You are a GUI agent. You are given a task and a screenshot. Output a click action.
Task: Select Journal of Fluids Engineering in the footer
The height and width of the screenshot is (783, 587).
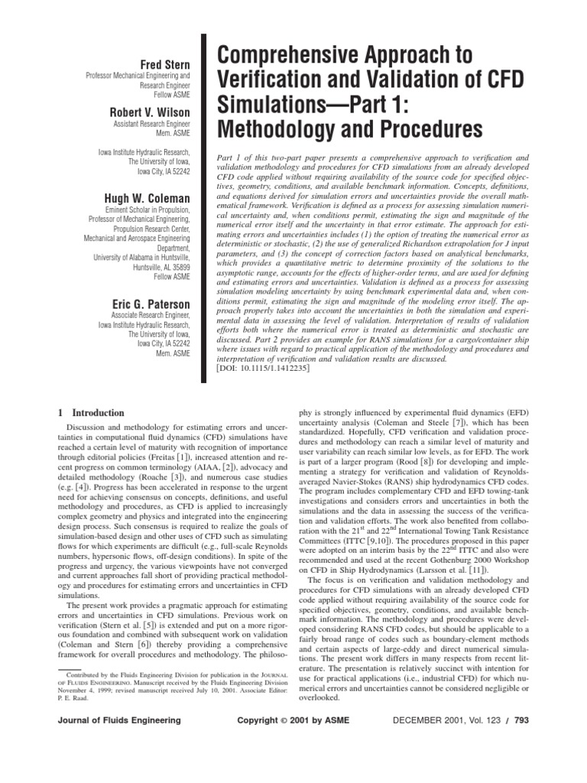(119, 741)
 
